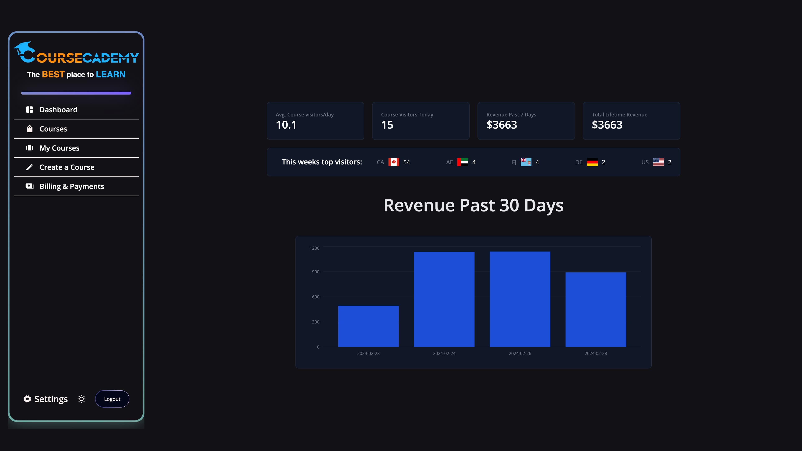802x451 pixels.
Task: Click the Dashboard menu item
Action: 58,110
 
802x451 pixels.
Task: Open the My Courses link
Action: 59,148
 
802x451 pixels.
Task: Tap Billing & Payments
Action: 72,186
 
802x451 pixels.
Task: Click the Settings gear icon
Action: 27,399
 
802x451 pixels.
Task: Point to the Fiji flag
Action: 526,162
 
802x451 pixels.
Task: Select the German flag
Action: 592,162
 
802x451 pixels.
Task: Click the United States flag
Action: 658,162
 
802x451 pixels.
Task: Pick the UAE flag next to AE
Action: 463,162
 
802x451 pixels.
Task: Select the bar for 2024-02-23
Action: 368,326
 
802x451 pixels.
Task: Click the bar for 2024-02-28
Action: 596,310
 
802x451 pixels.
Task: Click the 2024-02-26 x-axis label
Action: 520,353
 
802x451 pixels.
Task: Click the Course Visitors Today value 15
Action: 387,125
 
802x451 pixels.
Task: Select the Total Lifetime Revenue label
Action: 619,115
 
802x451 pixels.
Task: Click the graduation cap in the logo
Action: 24,48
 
